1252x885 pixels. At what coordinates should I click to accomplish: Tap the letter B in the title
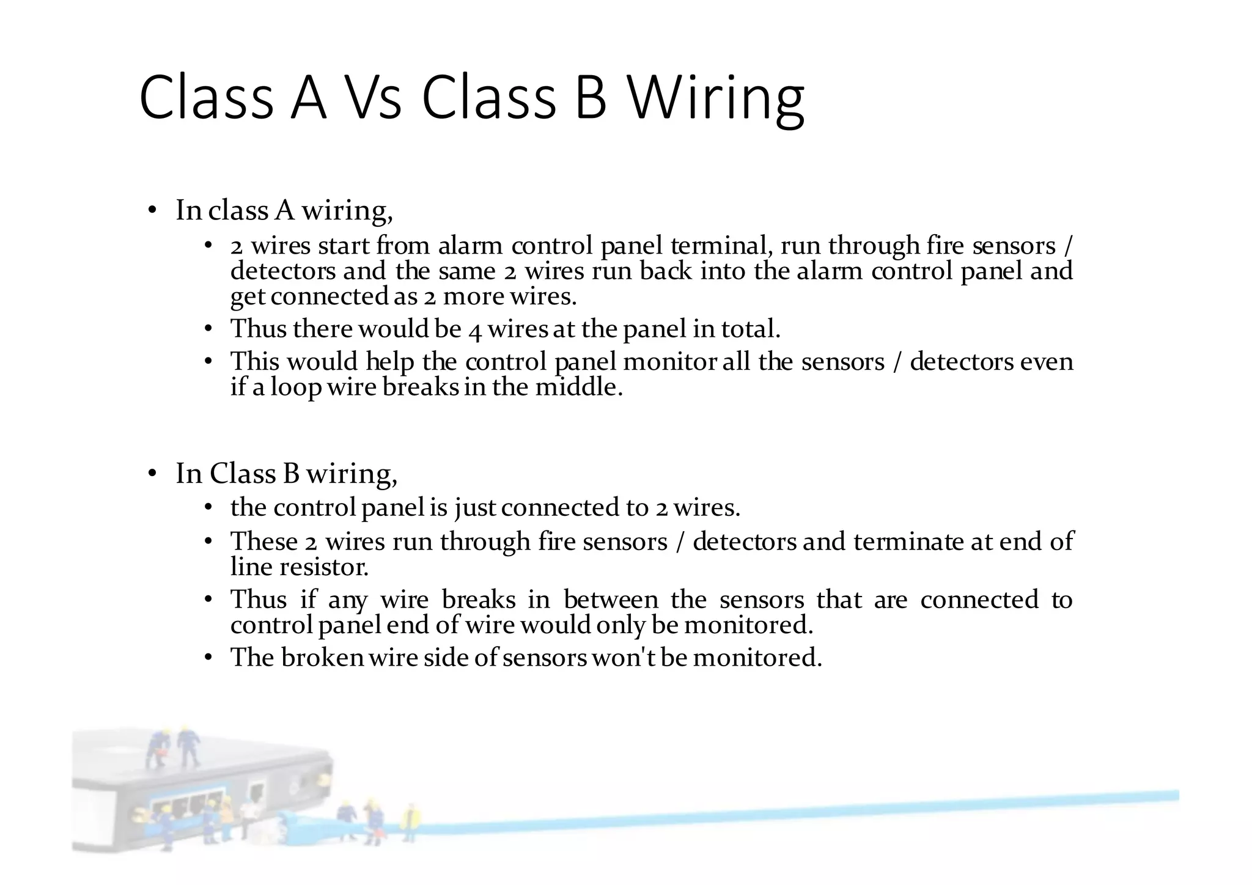coord(591,98)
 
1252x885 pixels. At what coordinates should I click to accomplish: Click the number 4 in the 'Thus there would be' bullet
coord(475,330)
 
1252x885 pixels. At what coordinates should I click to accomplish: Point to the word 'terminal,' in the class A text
coord(721,246)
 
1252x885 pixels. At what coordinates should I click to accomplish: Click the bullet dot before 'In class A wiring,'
coord(152,211)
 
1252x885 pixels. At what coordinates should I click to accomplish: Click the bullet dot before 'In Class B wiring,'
coord(152,474)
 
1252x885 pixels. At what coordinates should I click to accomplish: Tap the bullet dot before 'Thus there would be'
coord(208,330)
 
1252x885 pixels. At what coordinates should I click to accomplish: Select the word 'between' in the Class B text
coord(611,600)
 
